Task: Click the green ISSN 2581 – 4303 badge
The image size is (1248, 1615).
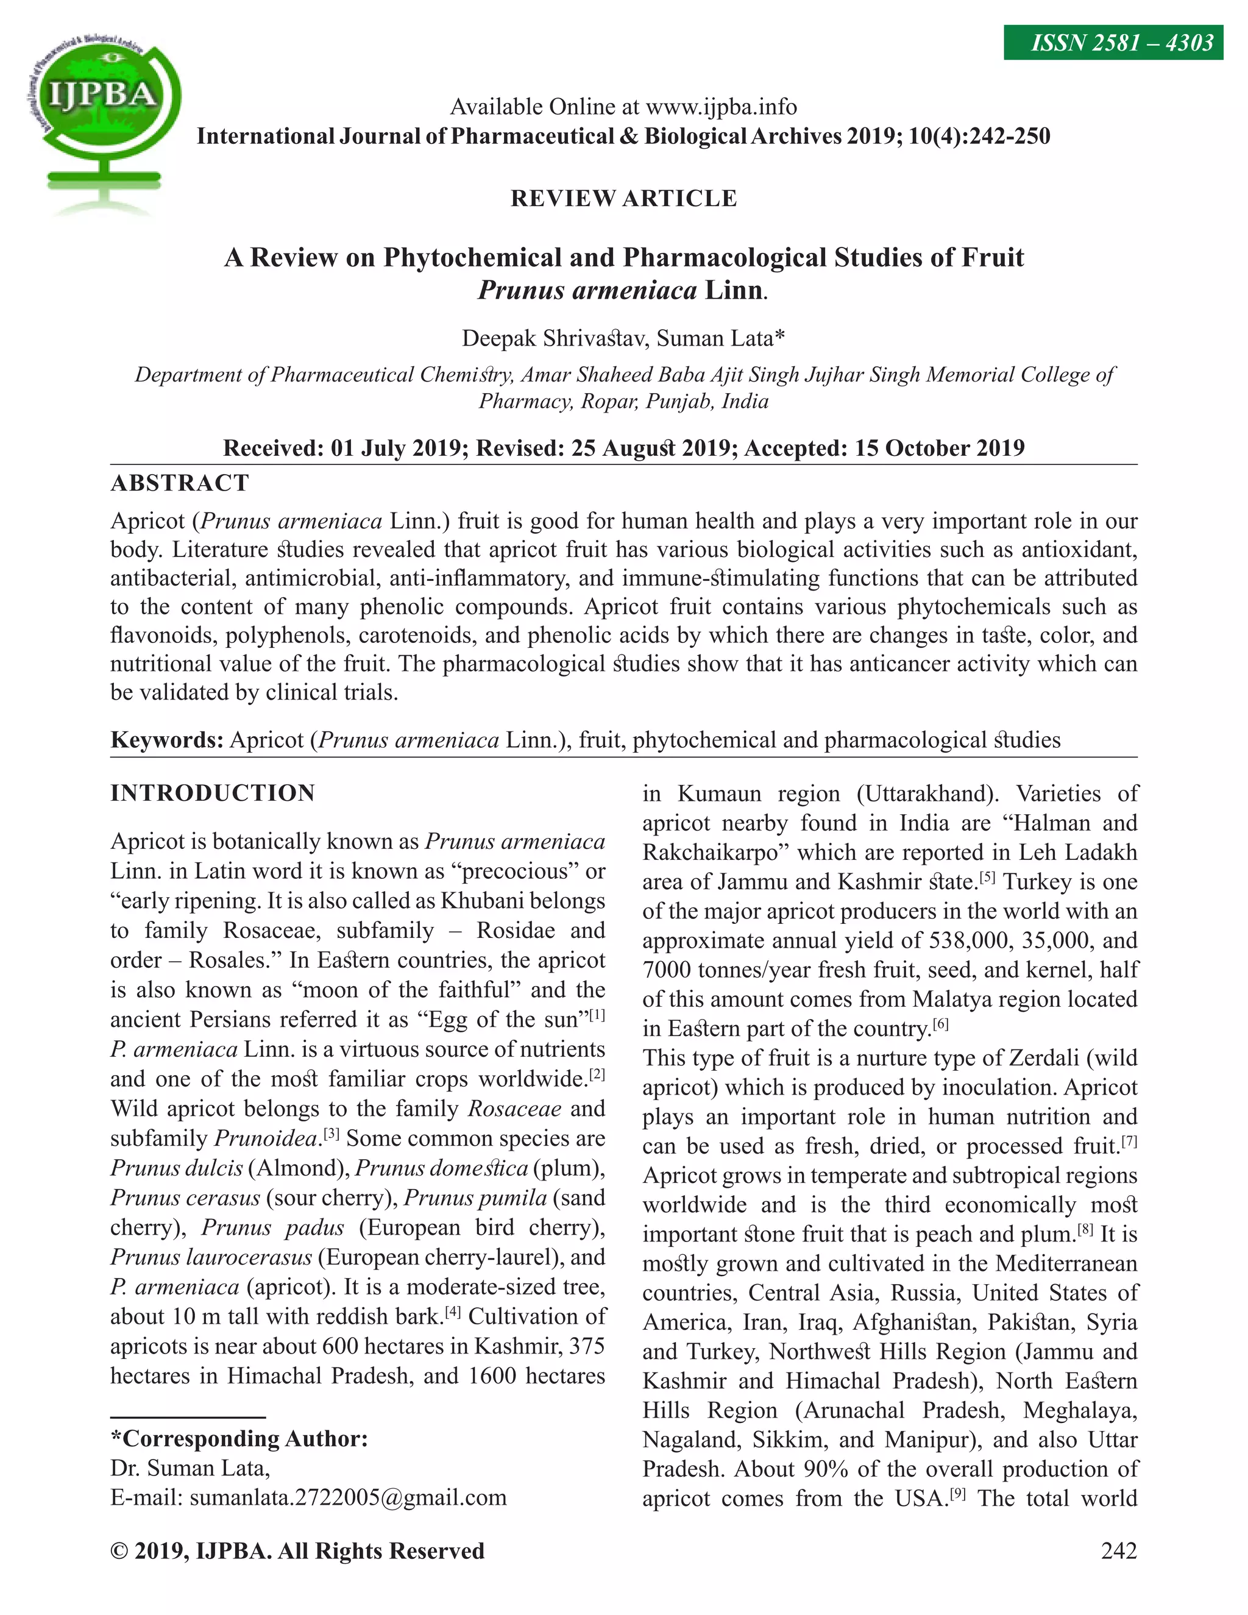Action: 1113,43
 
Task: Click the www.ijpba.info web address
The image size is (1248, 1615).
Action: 721,107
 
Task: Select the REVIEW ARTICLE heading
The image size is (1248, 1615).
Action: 623,198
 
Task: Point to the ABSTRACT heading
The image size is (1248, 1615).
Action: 180,483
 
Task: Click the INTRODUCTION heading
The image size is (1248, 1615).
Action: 213,793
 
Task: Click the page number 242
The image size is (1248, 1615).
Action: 1118,1550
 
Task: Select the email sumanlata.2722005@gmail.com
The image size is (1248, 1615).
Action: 347,1497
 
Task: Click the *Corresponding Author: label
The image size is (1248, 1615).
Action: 239,1438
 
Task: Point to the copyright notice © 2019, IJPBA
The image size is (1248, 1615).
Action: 297,1550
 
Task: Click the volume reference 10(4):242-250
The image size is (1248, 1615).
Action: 979,136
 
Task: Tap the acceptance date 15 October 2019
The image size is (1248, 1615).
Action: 940,448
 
